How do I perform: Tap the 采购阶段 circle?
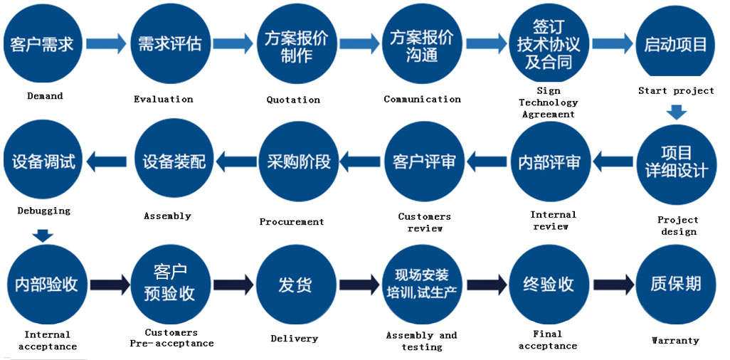pos(298,162)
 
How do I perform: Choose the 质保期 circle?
pos(675,285)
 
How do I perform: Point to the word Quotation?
pos(293,100)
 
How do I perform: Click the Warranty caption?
pos(675,340)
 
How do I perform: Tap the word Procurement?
pos(292,221)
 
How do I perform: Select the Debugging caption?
pos(44,211)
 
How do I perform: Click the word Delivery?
pos(294,339)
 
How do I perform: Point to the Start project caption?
pos(676,90)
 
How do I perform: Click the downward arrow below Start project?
pos(676,112)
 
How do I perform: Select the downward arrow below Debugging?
pos(44,235)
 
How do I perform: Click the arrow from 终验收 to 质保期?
pos(613,285)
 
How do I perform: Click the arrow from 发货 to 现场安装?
pos(359,285)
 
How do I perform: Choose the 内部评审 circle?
pos(549,162)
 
